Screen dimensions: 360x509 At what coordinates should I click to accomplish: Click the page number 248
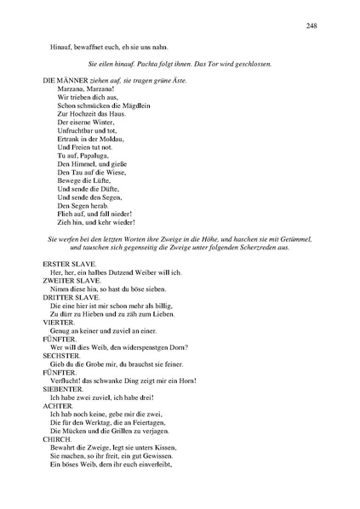pyautogui.click(x=311, y=26)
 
